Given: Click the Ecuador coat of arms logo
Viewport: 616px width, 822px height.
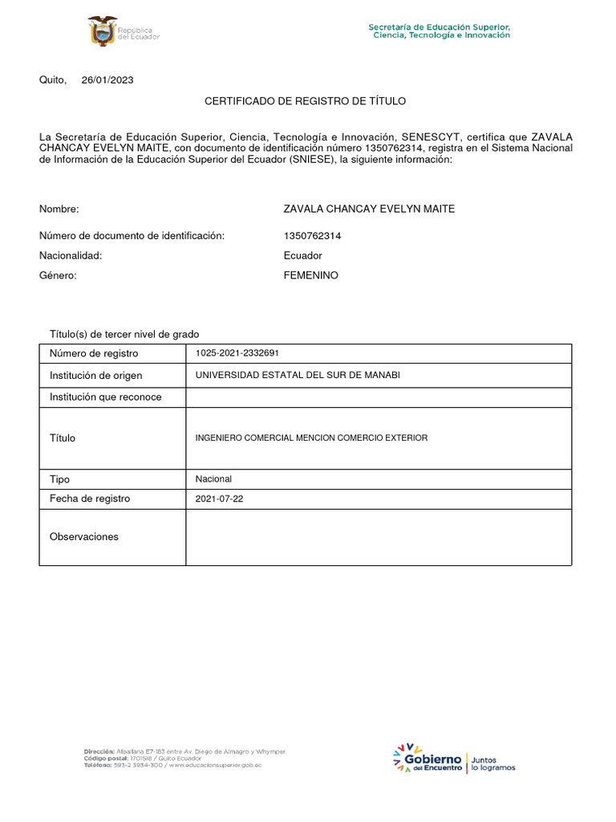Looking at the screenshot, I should [102, 32].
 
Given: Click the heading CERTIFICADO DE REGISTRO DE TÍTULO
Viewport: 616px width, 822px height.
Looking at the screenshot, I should [306, 101].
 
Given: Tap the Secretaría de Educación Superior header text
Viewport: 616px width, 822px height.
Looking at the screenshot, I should [440, 31].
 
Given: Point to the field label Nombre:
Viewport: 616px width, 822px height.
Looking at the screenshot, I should [59, 209].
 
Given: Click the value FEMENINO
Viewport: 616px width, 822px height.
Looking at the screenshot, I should [311, 275].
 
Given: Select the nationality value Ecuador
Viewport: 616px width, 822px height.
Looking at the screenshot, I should [303, 255].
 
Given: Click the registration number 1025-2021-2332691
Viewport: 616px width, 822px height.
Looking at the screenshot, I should [237, 353].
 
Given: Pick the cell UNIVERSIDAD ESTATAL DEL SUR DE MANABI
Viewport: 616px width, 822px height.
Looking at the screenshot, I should [298, 375].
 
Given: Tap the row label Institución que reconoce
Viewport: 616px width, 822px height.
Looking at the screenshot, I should [105, 397].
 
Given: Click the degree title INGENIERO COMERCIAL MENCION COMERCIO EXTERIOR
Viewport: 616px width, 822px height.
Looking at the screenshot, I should [311, 437].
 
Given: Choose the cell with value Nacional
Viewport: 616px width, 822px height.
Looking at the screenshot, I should [213, 478].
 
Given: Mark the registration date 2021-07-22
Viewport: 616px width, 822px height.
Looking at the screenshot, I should [219, 498].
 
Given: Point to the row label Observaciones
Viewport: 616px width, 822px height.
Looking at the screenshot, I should [83, 536].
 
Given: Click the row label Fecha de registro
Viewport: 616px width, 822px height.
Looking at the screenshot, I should [90, 498].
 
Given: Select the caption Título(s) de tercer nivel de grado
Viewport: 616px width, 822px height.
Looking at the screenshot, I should [124, 334].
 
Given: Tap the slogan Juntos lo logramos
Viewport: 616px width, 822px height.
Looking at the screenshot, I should [493, 763].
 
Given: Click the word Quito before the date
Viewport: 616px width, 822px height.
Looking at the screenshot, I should [53, 79].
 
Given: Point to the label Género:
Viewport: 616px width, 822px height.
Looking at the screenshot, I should [58, 275].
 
